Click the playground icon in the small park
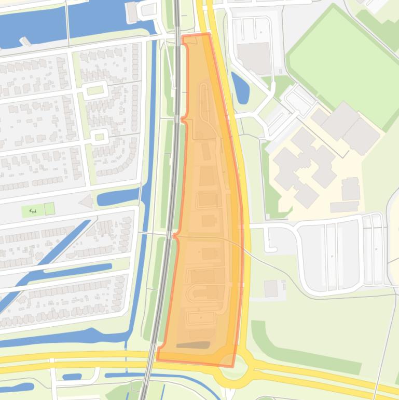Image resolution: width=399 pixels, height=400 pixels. [x=34, y=210]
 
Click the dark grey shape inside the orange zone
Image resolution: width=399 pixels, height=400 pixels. [x=193, y=345]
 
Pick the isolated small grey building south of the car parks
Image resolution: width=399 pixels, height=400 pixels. [x=271, y=288]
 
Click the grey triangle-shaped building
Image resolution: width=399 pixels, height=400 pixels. [x=86, y=201]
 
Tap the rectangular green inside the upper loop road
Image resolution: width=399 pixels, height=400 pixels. [x=95, y=90]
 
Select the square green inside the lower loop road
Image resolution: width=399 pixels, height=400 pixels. [x=100, y=137]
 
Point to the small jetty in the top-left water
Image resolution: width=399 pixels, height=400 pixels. [x=25, y=41]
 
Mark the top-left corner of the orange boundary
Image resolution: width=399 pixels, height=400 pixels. [x=183, y=36]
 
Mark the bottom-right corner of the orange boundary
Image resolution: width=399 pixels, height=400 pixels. [x=233, y=367]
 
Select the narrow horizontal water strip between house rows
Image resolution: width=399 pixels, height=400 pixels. [x=78, y=270]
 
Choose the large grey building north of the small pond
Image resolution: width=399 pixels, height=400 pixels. [x=254, y=57]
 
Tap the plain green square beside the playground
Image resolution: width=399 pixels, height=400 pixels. [x=49, y=209]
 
